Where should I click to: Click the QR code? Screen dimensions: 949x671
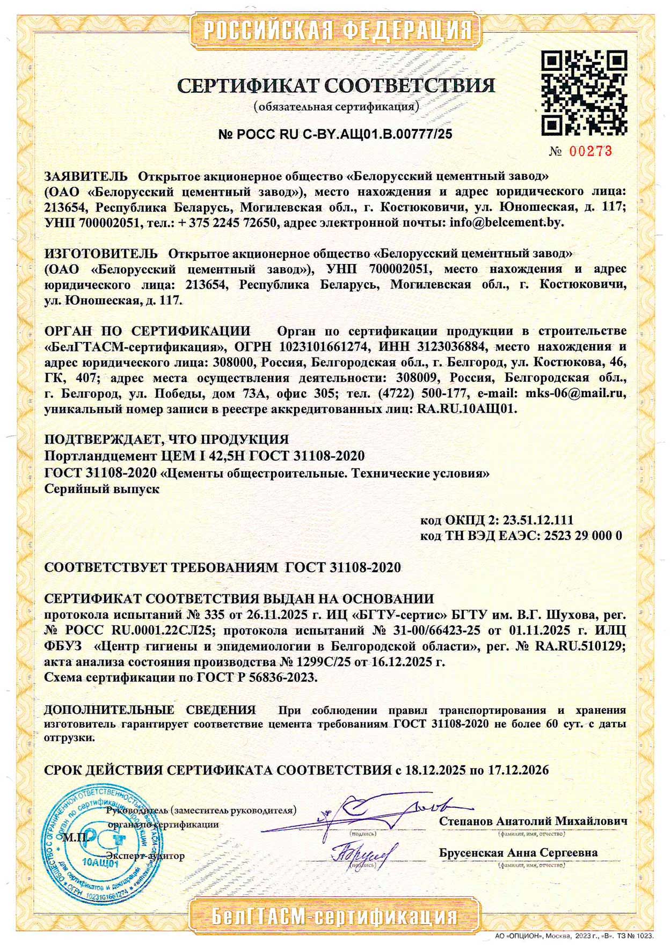coord(584,93)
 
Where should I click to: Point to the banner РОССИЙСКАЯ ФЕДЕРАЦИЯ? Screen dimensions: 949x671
coord(338,30)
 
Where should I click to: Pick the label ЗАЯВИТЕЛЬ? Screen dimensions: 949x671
coord(86,176)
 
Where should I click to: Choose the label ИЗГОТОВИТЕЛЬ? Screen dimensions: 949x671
coord(101,253)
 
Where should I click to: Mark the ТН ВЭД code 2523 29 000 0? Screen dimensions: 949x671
coord(583,536)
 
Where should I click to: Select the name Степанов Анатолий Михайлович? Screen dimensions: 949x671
coord(533,821)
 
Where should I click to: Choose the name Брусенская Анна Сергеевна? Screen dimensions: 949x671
coord(518,853)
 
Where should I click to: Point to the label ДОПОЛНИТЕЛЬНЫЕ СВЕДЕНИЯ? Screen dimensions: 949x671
coord(150,710)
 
